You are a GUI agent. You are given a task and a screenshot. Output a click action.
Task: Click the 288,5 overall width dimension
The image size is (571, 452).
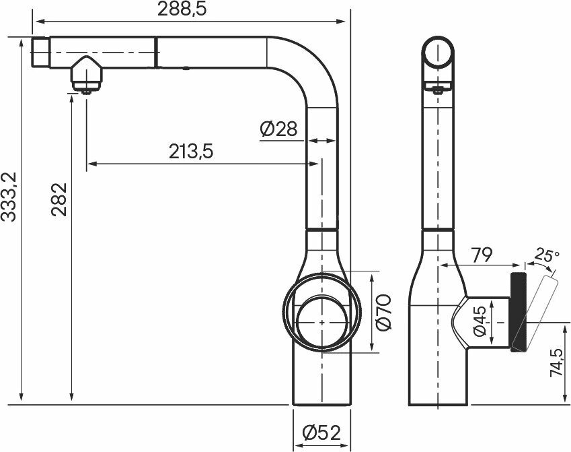click(x=182, y=9)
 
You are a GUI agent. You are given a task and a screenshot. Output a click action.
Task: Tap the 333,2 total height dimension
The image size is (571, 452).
click(x=9, y=197)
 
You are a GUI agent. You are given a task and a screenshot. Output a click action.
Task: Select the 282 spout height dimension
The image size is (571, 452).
click(x=59, y=199)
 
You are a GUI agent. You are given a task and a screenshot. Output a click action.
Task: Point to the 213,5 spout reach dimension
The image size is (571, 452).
click(x=191, y=152)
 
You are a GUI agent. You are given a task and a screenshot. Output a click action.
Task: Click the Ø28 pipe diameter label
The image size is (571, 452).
click(x=278, y=129)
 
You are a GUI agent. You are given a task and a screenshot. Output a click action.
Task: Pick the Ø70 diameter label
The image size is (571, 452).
click(x=383, y=313)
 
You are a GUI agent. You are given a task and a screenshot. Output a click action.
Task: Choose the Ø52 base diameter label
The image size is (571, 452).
click(x=321, y=432)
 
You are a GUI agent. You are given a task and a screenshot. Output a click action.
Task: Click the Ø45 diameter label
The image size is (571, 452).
click(x=480, y=321)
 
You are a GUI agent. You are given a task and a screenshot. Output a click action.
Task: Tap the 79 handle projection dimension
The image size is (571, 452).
click(x=482, y=255)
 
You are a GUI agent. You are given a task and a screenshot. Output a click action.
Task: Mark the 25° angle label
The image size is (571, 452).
click(x=547, y=255)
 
